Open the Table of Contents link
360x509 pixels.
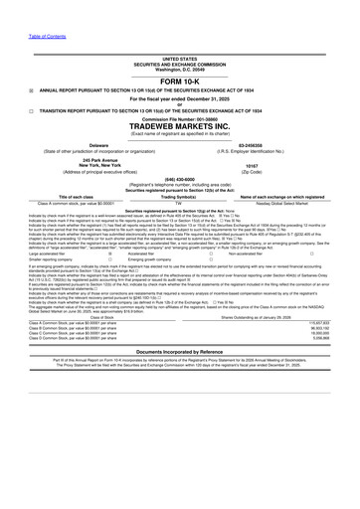(20, 8)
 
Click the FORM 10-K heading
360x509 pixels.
(180, 82)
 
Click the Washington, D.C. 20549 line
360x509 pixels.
(180, 70)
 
